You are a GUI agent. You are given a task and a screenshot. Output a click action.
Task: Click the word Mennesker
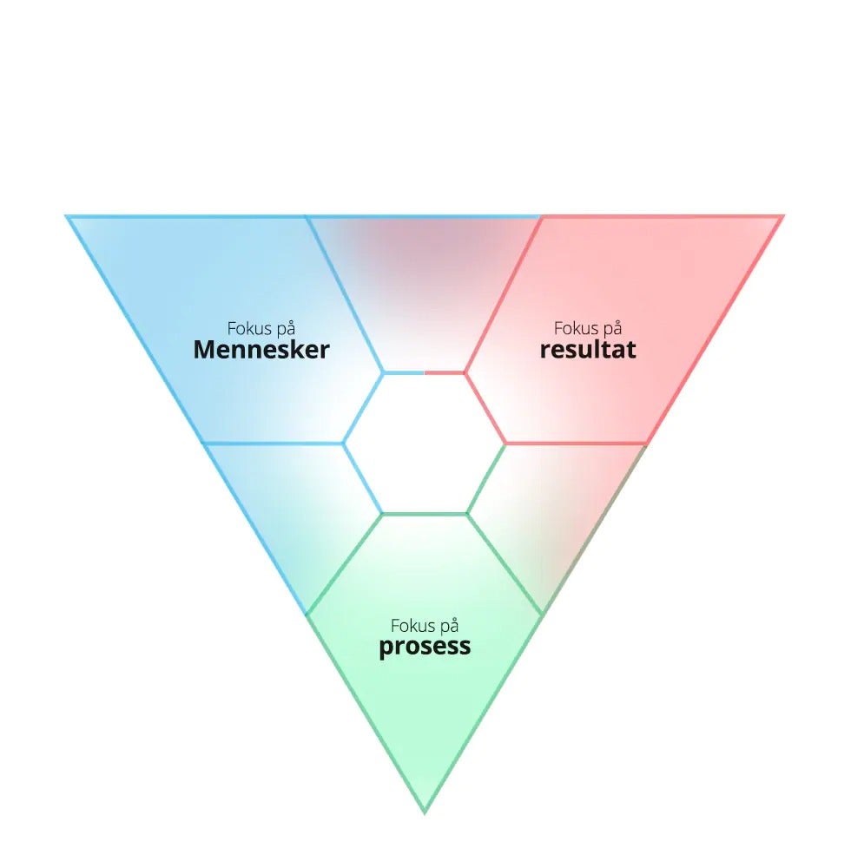(261, 350)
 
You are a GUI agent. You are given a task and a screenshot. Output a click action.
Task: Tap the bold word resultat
(588, 350)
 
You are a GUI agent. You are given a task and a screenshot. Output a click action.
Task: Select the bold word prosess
(425, 648)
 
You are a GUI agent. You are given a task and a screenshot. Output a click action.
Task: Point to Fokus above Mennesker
(249, 329)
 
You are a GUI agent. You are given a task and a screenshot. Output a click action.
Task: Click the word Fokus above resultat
(576, 329)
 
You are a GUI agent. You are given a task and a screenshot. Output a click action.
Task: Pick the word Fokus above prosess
(412, 626)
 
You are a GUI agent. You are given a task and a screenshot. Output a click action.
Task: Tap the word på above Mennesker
(286, 330)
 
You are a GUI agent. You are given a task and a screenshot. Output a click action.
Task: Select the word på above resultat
(612, 330)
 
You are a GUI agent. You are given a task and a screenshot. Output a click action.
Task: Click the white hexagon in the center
(425, 444)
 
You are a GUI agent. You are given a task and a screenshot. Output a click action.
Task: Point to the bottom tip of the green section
(425, 813)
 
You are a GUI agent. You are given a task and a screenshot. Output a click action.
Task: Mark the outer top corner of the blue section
(67, 216)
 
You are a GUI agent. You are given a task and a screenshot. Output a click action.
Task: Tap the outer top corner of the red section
(783, 216)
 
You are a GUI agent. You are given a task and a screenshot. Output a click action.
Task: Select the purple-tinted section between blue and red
(424, 282)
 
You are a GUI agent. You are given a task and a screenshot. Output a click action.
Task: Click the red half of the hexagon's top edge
(445, 373)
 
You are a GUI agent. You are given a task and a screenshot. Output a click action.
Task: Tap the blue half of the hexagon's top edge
(404, 373)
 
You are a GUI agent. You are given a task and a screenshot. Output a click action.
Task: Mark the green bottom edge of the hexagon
(425, 514)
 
